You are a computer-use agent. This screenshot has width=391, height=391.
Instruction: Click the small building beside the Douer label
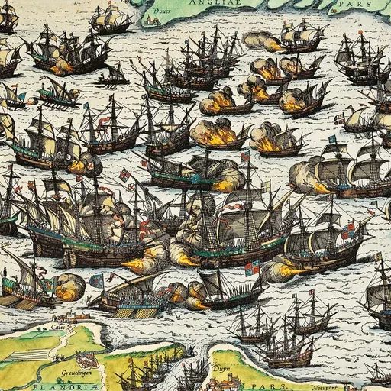point(145,6)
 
